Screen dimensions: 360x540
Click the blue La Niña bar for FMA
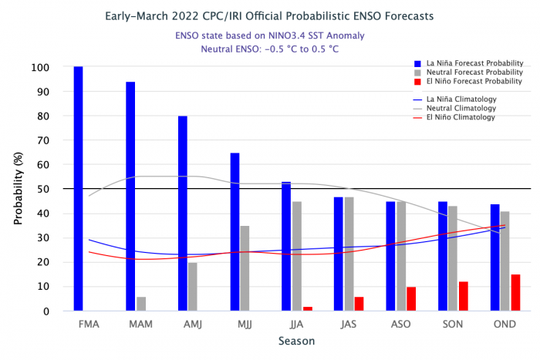78,189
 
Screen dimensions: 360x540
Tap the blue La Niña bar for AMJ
182,214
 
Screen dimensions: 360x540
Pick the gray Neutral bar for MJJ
245,268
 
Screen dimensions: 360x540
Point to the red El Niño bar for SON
463,296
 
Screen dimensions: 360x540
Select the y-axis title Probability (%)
18,189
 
